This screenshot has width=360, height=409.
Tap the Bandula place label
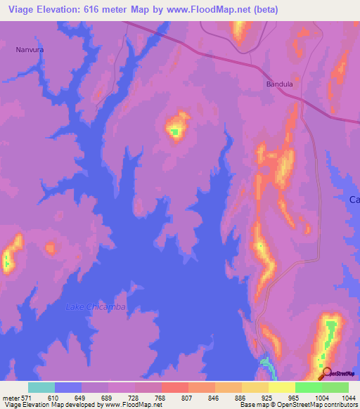[x=279, y=84]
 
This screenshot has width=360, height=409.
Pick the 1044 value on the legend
[x=348, y=398]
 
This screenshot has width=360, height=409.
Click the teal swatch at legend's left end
[x=41, y=387]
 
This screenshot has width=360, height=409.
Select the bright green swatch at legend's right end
[x=335, y=387]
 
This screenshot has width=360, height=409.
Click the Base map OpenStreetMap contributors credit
[x=299, y=405]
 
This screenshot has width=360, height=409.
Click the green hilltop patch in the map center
[x=174, y=129]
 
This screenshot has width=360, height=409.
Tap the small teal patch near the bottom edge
[x=266, y=363]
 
